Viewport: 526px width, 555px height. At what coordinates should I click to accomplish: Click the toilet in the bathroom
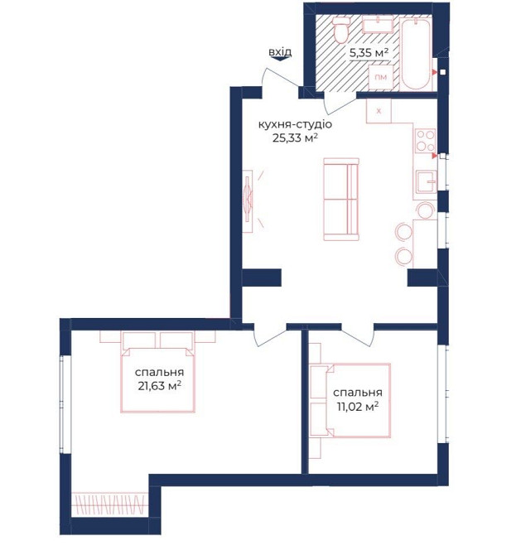click(x=341, y=30)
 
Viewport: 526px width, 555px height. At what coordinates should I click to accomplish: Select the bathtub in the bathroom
click(x=415, y=53)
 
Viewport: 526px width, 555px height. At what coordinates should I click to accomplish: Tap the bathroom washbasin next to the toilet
click(x=378, y=26)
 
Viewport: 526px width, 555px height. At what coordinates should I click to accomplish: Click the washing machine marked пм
click(x=380, y=77)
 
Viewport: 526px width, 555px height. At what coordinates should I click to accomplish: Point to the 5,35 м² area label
click(x=369, y=53)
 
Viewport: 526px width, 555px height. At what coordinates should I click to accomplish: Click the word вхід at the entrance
click(x=280, y=52)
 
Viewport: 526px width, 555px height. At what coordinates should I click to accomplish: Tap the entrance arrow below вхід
click(x=280, y=59)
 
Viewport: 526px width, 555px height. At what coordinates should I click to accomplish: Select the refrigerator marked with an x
click(x=379, y=111)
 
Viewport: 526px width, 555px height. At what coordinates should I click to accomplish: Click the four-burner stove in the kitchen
click(x=425, y=141)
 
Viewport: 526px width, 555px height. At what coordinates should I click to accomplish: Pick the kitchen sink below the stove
click(x=426, y=181)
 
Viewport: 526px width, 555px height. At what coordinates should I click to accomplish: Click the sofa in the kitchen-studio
click(x=341, y=200)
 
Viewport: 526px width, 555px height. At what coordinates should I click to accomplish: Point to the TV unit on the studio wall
click(x=249, y=201)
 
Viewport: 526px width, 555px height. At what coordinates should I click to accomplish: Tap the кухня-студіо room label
click(x=295, y=124)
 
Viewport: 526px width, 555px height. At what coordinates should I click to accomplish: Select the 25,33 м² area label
click(x=295, y=138)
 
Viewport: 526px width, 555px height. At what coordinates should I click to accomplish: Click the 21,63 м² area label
click(x=160, y=385)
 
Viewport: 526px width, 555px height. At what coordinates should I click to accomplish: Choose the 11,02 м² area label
click(x=358, y=407)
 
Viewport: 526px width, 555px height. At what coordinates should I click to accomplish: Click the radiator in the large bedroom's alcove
click(x=109, y=504)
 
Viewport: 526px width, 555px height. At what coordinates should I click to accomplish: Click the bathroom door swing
click(x=338, y=105)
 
